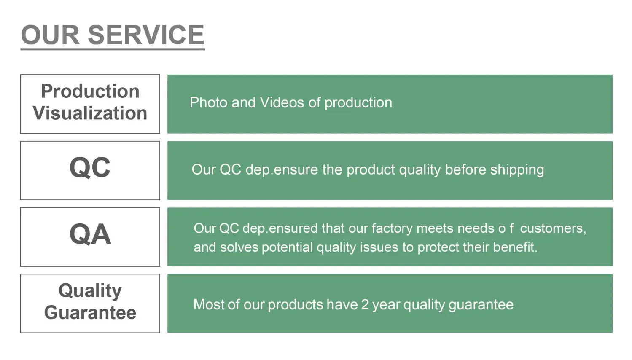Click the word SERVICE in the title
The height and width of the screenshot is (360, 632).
point(146,35)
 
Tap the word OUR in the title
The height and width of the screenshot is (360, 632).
point(50,35)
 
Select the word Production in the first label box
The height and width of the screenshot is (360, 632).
point(90,91)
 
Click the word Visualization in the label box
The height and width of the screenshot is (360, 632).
point(90,113)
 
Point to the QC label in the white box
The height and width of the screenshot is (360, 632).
point(90,168)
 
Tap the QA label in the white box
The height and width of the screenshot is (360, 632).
point(90,234)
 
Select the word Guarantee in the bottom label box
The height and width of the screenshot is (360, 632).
point(90,313)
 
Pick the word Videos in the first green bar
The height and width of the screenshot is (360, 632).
point(282,102)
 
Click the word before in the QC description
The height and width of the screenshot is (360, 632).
point(465,169)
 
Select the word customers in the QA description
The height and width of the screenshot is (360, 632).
point(553,228)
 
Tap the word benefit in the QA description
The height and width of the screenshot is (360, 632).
point(515,247)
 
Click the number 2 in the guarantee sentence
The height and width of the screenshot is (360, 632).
point(365,305)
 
